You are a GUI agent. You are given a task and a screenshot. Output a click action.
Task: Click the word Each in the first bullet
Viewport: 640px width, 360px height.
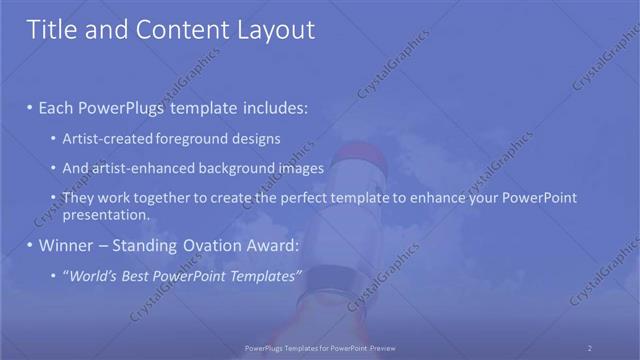pos(58,106)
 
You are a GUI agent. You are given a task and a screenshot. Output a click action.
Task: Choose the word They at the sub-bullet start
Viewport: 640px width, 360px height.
pos(78,198)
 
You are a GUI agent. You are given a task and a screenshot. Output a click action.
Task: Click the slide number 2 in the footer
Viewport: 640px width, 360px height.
pos(589,348)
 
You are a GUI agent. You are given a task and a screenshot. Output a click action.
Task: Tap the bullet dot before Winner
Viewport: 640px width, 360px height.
pos(30,246)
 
